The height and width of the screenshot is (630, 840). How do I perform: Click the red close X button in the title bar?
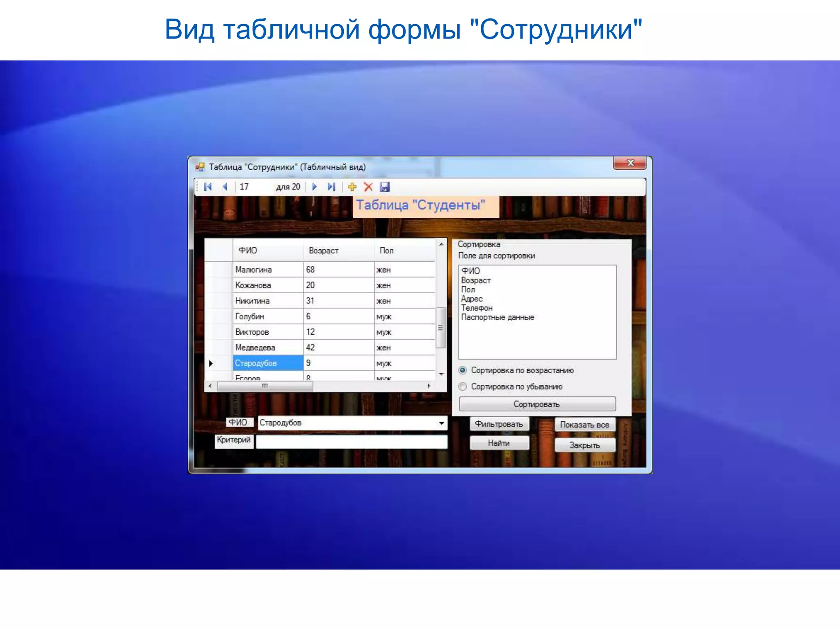click(x=630, y=163)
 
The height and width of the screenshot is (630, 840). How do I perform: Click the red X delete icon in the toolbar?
click(x=368, y=187)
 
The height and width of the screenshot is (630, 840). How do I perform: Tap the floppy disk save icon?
click(x=385, y=187)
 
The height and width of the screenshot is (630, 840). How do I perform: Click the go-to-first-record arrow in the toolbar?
click(x=208, y=187)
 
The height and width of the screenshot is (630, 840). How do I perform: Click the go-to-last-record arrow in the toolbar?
click(x=331, y=187)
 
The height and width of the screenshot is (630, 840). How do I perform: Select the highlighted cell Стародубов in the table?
click(x=267, y=363)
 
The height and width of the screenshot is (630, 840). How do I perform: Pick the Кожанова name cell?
click(x=267, y=285)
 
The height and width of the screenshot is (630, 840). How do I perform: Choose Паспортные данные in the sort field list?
click(x=498, y=317)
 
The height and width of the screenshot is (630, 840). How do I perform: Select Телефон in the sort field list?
click(x=477, y=308)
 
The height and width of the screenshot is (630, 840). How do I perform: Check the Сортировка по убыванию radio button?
click(x=463, y=387)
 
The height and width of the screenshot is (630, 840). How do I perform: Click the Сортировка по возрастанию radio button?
click(x=463, y=370)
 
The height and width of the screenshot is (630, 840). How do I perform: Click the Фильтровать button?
click(x=499, y=424)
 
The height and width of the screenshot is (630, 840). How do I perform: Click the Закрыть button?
click(x=584, y=445)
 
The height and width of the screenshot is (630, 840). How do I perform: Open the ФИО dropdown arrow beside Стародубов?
click(x=441, y=423)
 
